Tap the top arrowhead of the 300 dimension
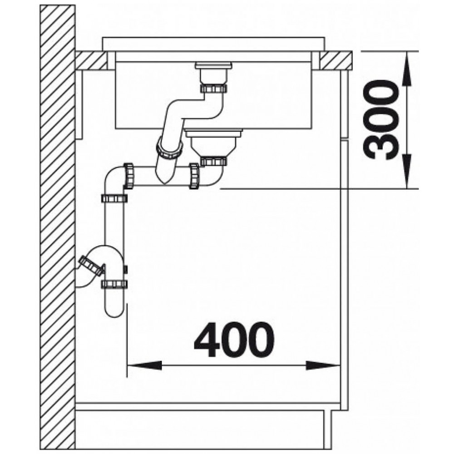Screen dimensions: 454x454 click(x=407, y=69)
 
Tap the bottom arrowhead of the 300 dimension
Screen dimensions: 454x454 click(x=407, y=171)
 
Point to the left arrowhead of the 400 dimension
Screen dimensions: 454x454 click(x=144, y=365)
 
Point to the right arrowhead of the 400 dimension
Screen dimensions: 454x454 click(x=323, y=365)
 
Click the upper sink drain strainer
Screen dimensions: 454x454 click(x=214, y=66)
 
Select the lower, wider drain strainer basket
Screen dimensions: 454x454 click(x=214, y=142)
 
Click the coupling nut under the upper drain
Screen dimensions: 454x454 click(x=214, y=88)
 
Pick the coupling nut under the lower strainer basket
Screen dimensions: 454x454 click(x=214, y=161)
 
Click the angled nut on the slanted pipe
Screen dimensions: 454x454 click(x=170, y=148)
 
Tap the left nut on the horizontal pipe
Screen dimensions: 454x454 click(x=128, y=176)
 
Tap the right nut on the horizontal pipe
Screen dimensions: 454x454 click(x=194, y=176)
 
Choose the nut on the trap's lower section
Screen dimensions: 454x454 click(x=114, y=284)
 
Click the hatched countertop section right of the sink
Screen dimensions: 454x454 click(x=336, y=60)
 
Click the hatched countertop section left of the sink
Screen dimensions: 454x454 click(x=91, y=60)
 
